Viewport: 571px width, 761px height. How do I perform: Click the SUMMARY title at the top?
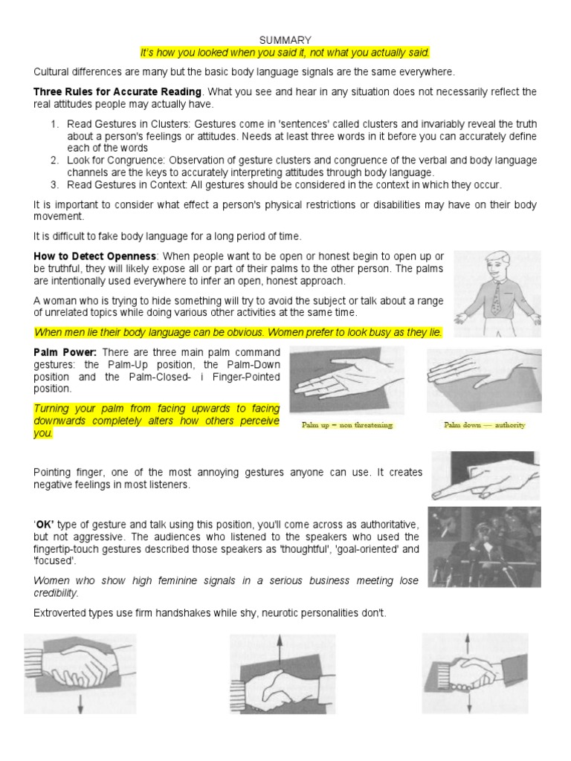click(285, 39)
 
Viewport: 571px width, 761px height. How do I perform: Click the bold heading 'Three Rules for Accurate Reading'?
click(117, 91)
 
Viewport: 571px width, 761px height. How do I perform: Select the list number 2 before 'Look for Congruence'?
click(55, 159)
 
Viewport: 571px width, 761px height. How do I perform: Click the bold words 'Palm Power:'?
click(66, 352)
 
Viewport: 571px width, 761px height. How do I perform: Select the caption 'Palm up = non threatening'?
click(346, 425)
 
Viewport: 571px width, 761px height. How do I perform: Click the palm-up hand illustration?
click(346, 382)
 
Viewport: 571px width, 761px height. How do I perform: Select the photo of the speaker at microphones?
click(484, 546)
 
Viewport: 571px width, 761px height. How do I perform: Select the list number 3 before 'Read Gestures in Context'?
click(55, 184)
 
